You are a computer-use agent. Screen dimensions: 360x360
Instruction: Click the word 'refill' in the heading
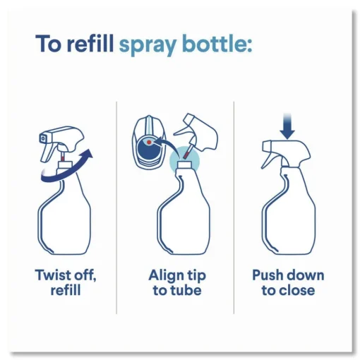90,43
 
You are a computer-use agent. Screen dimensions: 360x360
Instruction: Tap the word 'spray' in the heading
148,46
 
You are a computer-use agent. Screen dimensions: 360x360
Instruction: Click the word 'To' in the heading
49,44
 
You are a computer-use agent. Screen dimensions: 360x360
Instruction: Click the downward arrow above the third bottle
287,126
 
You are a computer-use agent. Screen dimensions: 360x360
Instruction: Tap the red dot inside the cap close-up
149,142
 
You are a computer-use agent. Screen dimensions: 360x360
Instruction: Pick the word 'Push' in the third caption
268,275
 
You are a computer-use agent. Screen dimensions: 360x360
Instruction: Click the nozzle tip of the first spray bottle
42,138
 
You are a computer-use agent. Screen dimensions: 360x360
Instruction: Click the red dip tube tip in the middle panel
186,154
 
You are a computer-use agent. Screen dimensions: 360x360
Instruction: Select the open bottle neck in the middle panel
185,164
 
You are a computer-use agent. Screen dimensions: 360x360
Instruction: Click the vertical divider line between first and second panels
116,208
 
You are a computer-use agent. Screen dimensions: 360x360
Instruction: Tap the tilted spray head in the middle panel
198,133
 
